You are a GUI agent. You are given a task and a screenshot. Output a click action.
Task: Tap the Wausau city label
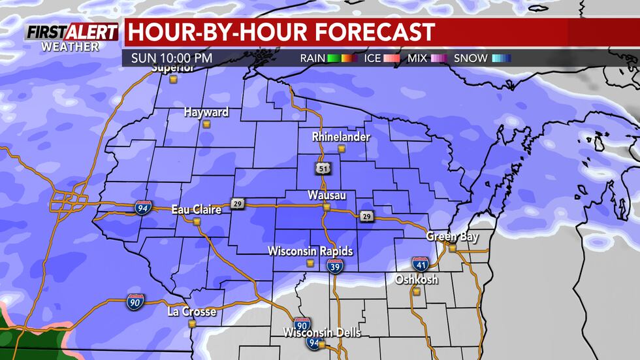(327, 195)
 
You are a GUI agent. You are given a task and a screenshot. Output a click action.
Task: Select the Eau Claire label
(196, 209)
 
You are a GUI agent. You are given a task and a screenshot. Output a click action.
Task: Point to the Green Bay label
(449, 237)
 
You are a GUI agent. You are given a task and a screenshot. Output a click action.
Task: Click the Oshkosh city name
(416, 280)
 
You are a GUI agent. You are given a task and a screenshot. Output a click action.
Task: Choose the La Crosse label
(191, 312)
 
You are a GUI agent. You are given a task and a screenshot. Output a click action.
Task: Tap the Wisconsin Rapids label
(310, 252)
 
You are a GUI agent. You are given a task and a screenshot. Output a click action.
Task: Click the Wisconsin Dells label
(321, 333)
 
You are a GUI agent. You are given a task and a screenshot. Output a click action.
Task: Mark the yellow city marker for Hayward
(206, 123)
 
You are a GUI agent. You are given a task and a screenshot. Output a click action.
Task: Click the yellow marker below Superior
(174, 79)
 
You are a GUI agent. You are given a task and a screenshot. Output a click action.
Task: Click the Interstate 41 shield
(420, 263)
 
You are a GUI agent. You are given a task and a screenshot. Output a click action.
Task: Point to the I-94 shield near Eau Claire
(143, 208)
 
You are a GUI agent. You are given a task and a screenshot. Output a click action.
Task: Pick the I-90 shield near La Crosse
(135, 302)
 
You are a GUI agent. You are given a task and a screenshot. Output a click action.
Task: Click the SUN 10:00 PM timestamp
(172, 58)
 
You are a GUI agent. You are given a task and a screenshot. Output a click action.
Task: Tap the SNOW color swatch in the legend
(501, 58)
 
